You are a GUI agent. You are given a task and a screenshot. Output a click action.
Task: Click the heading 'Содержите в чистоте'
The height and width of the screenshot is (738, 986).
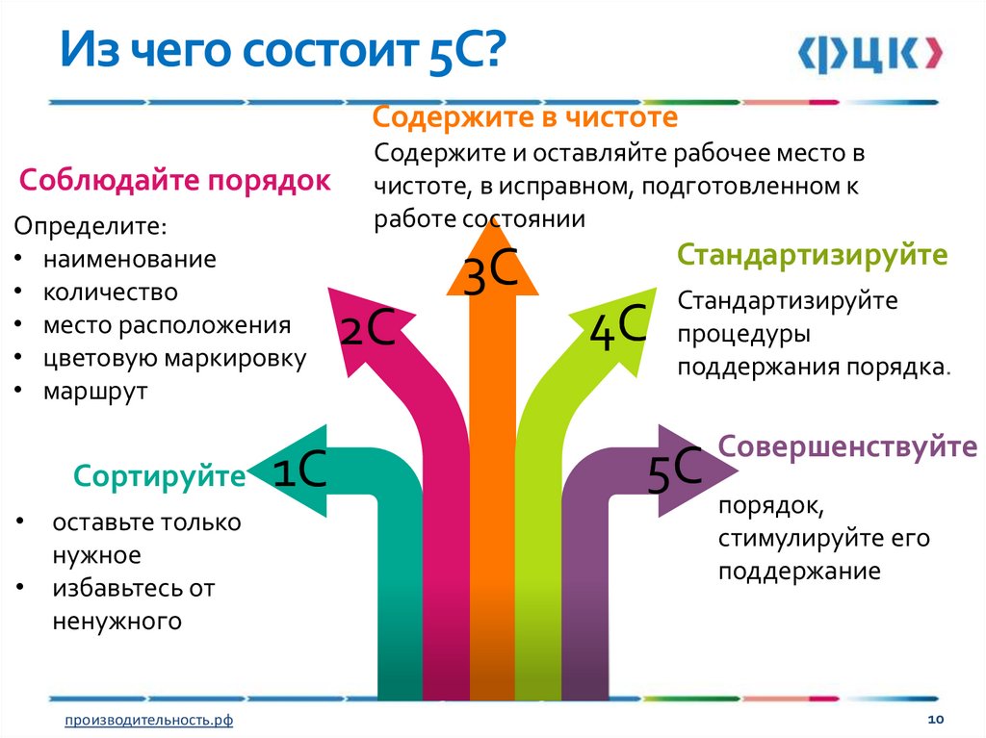coord(526,118)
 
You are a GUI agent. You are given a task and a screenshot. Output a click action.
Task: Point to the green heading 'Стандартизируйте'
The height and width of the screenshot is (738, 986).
coord(813,256)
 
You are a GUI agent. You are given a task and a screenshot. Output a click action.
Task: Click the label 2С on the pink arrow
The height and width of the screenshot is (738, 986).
coord(367,330)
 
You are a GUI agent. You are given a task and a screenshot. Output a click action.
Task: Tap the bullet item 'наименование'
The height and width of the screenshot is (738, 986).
coord(129,259)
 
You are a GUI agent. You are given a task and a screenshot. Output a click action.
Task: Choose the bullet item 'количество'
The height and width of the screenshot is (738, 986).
coord(110,292)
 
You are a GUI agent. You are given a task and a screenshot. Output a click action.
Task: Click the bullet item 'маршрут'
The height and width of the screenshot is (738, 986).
coord(94,392)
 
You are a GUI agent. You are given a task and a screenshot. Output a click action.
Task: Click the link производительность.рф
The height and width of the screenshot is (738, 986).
coord(148,721)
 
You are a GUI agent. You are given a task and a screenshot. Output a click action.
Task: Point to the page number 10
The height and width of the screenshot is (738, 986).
coord(933,720)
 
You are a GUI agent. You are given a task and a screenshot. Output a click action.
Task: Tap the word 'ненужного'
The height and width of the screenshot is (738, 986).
coord(117,622)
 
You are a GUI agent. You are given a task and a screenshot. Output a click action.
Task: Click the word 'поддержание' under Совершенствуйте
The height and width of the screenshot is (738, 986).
coord(798,572)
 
